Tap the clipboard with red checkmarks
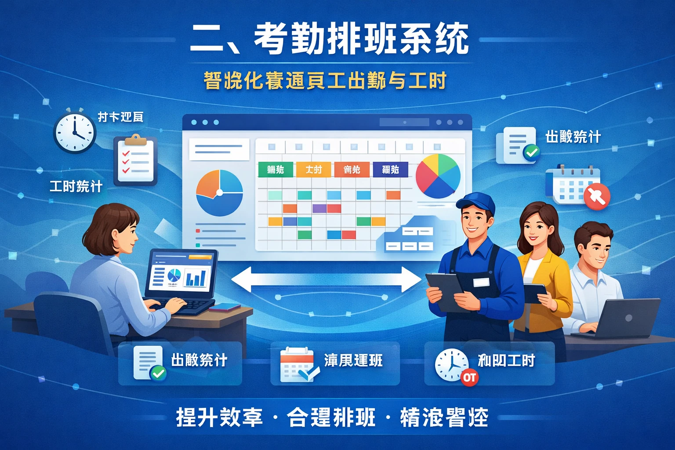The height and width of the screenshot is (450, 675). click(135, 161)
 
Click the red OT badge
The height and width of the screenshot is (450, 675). click(469, 377)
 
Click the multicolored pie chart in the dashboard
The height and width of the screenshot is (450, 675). click(438, 176)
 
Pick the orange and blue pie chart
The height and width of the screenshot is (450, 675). click(219, 192)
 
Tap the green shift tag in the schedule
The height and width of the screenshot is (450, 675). click(276, 170)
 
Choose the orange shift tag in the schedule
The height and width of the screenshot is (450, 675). click(314, 170)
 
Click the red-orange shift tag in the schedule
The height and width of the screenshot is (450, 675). click(352, 170)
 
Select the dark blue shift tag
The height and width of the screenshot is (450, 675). click(390, 170)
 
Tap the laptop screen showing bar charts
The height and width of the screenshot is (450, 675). click(181, 276)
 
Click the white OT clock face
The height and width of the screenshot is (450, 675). click(450, 364)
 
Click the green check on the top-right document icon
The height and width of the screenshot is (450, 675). click(532, 152)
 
